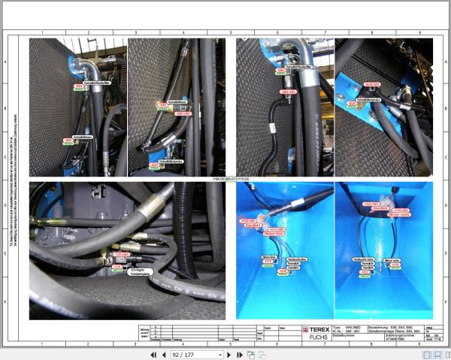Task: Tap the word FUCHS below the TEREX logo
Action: (x=318, y=337)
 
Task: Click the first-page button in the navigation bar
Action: (x=153, y=354)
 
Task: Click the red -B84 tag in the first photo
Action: (x=78, y=86)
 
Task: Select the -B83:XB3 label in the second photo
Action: (x=183, y=113)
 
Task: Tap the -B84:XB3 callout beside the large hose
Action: (x=286, y=91)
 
